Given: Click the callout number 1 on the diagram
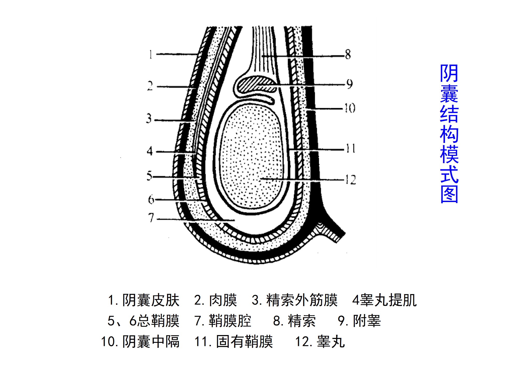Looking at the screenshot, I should tap(151, 55).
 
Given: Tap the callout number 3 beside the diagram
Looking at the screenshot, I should tap(149, 119).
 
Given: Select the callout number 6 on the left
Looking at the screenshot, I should tap(151, 199).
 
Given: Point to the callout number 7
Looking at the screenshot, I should tap(151, 218).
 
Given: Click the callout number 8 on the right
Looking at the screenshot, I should tap(348, 54).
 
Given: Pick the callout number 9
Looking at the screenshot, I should tap(350, 84).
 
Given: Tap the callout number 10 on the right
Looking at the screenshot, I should tap(350, 108).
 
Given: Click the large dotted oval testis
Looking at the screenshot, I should tap(250, 156).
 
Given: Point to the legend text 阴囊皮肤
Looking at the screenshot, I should tap(151, 300).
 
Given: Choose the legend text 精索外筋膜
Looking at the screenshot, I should tap(302, 300).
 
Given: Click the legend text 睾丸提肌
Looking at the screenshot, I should tap(388, 300).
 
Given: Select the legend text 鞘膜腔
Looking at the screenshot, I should tap(230, 321).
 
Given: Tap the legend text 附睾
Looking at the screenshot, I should tap(367, 321).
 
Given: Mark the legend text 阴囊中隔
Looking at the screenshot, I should tap(151, 342).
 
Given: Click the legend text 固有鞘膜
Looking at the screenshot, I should tap(244, 342).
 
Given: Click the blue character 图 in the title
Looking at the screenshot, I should tap(449, 194).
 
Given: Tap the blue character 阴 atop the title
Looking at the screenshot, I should tap(449, 73).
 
